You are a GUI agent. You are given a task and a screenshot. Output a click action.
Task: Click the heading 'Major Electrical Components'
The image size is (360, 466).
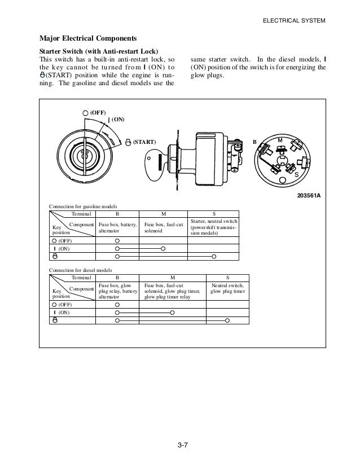(87, 39)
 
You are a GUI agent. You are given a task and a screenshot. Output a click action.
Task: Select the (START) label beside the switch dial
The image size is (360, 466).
(144, 142)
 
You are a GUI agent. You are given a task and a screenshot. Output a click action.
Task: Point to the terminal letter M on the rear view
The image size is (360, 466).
(279, 139)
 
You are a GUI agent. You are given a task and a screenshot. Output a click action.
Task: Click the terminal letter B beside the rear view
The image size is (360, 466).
(254, 142)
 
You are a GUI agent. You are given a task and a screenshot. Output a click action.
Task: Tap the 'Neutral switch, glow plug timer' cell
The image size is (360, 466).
(227, 288)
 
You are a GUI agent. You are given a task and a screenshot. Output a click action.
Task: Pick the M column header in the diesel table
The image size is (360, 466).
(173, 278)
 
